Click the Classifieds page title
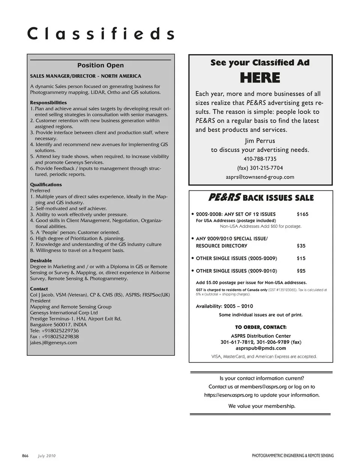(100, 34)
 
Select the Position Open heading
(100, 65)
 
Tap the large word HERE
(260, 78)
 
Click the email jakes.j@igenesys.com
(54, 343)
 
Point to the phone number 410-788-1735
(260, 159)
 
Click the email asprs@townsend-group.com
(260, 177)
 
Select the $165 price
(302, 214)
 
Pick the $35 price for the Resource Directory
(301, 246)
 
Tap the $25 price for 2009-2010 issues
(301, 271)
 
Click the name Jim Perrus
(260, 141)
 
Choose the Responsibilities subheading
(48, 102)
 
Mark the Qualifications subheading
(46, 185)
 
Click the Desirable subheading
(41, 260)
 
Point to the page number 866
(25, 456)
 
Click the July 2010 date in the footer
(46, 456)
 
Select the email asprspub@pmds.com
(261, 348)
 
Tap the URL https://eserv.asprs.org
(228, 395)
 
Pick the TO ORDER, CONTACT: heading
(261, 327)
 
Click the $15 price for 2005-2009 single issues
(301, 258)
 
